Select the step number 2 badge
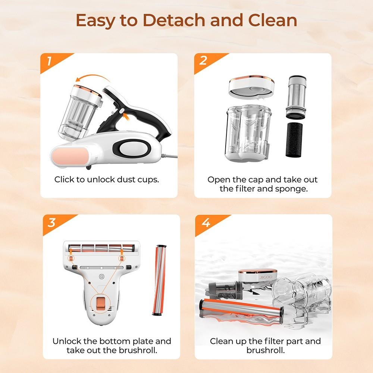203,61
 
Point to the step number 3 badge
51,223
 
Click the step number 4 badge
205,223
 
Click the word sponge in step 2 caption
293,188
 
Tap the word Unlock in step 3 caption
66,341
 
